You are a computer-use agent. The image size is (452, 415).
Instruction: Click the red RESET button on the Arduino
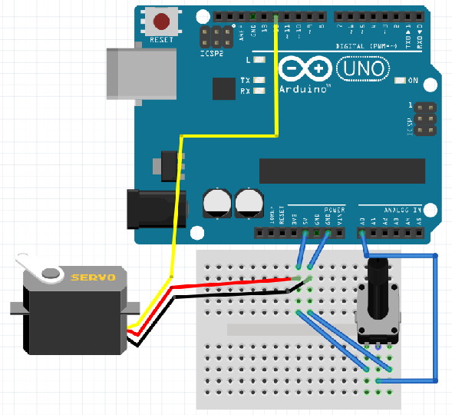point(162,21)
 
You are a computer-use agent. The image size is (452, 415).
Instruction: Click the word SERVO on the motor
point(93,277)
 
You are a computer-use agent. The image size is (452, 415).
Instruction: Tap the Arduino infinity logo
point(306,70)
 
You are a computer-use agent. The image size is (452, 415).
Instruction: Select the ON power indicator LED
point(400,81)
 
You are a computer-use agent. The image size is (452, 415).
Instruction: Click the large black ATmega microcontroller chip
point(341,171)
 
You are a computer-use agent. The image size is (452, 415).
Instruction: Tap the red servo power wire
point(230,282)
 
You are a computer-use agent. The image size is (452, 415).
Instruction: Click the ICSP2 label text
point(212,54)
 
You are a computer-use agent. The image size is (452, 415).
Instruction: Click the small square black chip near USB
point(223,89)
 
